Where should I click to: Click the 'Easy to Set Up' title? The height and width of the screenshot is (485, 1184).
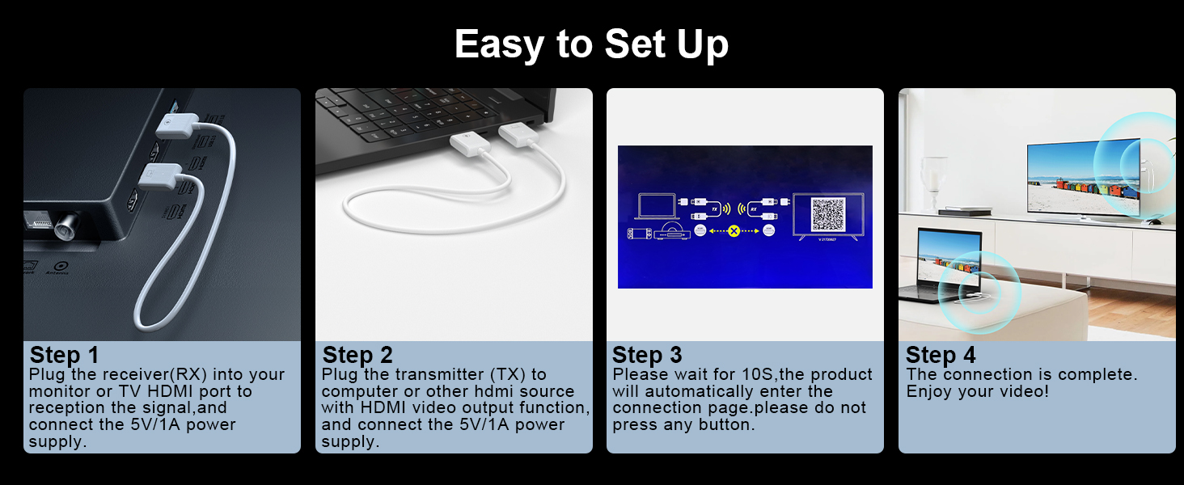click(591, 44)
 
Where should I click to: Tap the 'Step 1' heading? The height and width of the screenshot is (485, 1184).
click(64, 355)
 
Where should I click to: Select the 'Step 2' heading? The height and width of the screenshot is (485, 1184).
click(357, 355)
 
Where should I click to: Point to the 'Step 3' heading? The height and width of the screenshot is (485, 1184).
click(647, 355)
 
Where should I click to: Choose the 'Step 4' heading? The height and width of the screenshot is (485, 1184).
click(941, 355)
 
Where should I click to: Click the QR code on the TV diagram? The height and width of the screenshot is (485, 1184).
click(827, 214)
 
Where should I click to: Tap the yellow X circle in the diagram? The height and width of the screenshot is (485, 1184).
click(734, 231)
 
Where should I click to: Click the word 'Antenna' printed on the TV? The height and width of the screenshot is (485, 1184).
click(57, 273)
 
